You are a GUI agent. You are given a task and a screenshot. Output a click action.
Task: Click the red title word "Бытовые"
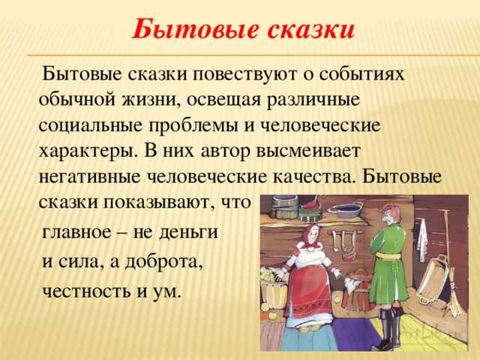click(195, 30)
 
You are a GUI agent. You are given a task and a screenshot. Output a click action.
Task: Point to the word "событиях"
click(361, 74)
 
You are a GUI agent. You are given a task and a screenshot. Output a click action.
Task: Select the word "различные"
click(313, 100)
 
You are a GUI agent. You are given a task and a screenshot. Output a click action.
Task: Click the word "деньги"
click(189, 232)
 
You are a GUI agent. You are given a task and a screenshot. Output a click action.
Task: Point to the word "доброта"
click(163, 262)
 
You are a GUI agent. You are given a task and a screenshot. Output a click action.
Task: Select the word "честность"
click(87, 291)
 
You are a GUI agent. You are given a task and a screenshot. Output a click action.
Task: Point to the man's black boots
click(388, 328)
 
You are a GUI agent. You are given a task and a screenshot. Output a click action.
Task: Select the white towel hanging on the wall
click(423, 238)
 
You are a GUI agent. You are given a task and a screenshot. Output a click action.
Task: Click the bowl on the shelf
click(345, 210)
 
